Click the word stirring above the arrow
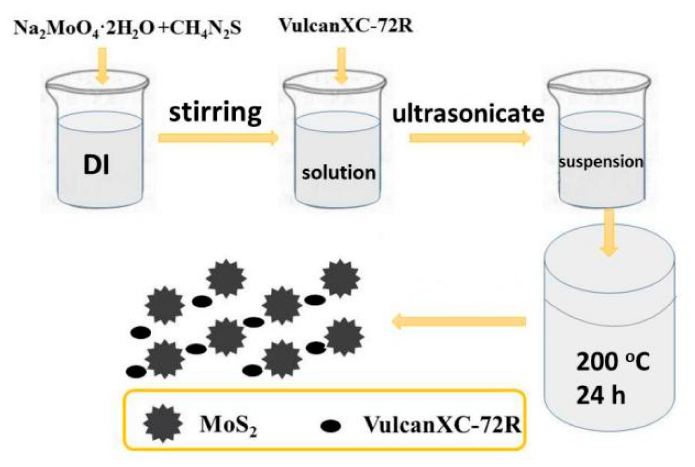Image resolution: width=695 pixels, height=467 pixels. [215, 113]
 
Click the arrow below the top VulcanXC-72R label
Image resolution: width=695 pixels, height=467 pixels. [342, 67]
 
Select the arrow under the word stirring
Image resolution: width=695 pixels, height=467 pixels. [218, 138]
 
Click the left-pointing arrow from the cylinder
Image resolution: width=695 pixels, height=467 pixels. [458, 322]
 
